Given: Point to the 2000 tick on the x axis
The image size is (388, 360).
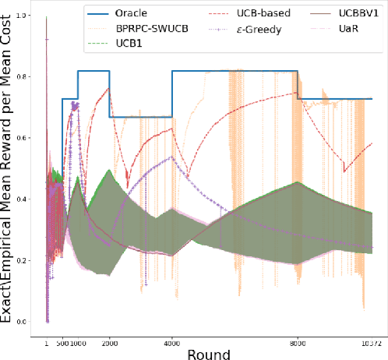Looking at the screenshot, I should click(109, 341).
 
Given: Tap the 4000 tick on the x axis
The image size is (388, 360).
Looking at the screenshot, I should click(171, 341).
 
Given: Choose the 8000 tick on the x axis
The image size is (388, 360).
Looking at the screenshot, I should click(297, 341).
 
